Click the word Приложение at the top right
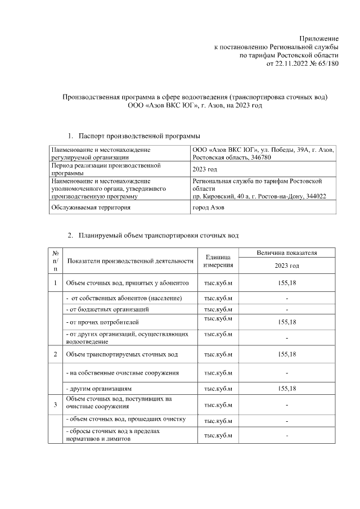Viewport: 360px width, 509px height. pyautogui.click(x=318, y=38)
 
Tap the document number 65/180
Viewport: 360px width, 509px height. pyautogui.click(x=326, y=64)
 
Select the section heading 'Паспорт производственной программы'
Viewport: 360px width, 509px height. pyautogui.click(x=139, y=136)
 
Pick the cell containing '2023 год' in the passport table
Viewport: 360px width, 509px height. pyautogui.click(x=205, y=170)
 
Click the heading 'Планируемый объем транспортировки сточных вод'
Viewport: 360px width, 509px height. pyautogui.click(x=159, y=234)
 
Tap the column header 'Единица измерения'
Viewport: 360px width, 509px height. pyautogui.click(x=218, y=261)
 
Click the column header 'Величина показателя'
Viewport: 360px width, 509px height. pyautogui.click(x=287, y=253)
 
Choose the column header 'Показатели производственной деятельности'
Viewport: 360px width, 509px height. pyautogui.click(x=130, y=261)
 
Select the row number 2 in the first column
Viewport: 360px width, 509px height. pyautogui.click(x=55, y=354)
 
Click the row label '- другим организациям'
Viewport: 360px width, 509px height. pyautogui.click(x=99, y=389)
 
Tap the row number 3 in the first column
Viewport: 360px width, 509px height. pyautogui.click(x=55, y=404)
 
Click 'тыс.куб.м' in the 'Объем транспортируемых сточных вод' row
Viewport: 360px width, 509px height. pyautogui.click(x=218, y=354)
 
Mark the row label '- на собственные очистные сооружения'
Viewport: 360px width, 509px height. pyautogui.click(x=123, y=372)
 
